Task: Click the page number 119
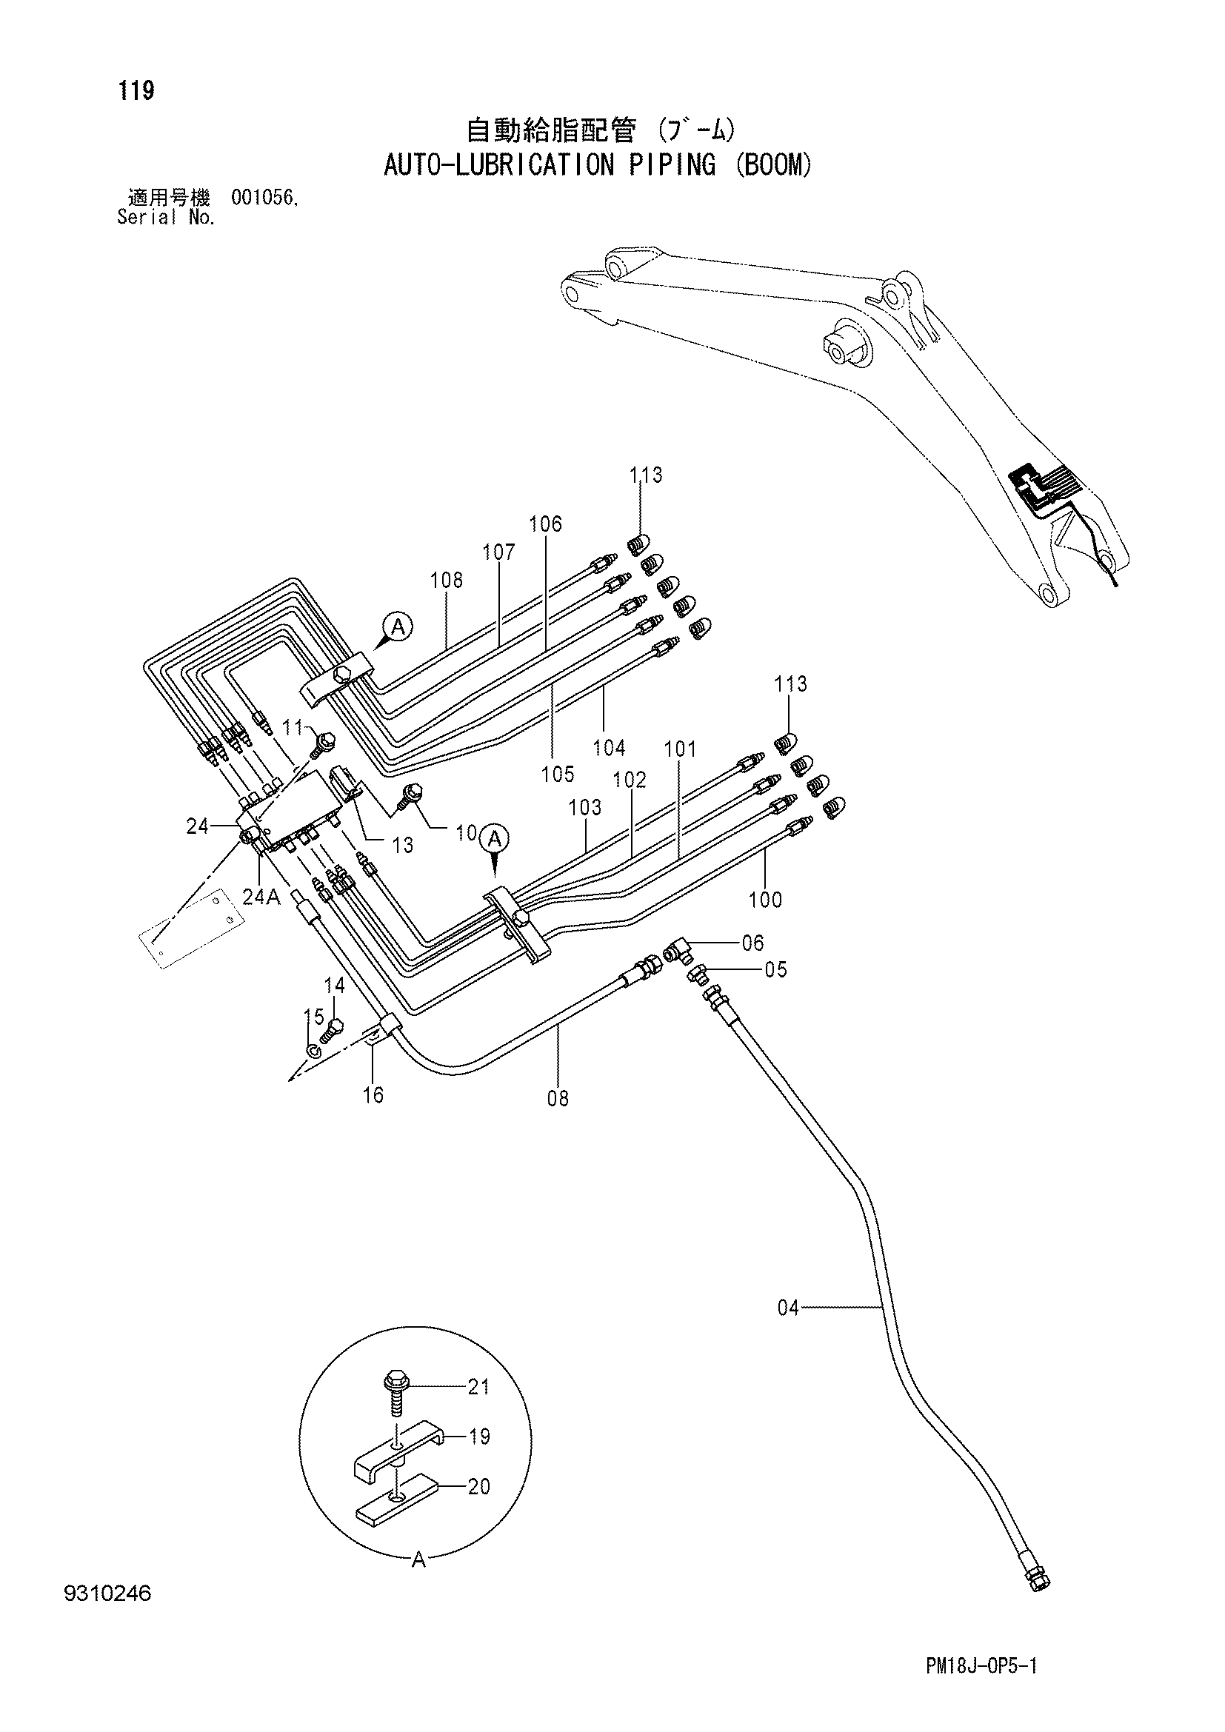pos(136,91)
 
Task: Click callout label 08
pos(558,1098)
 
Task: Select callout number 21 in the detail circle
pos(478,1386)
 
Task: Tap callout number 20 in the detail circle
pos(478,1486)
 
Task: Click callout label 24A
pos(261,897)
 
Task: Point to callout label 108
pos(447,580)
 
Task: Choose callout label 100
pos(765,899)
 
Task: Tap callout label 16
pos(373,1094)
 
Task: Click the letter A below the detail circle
pos(419,1559)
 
